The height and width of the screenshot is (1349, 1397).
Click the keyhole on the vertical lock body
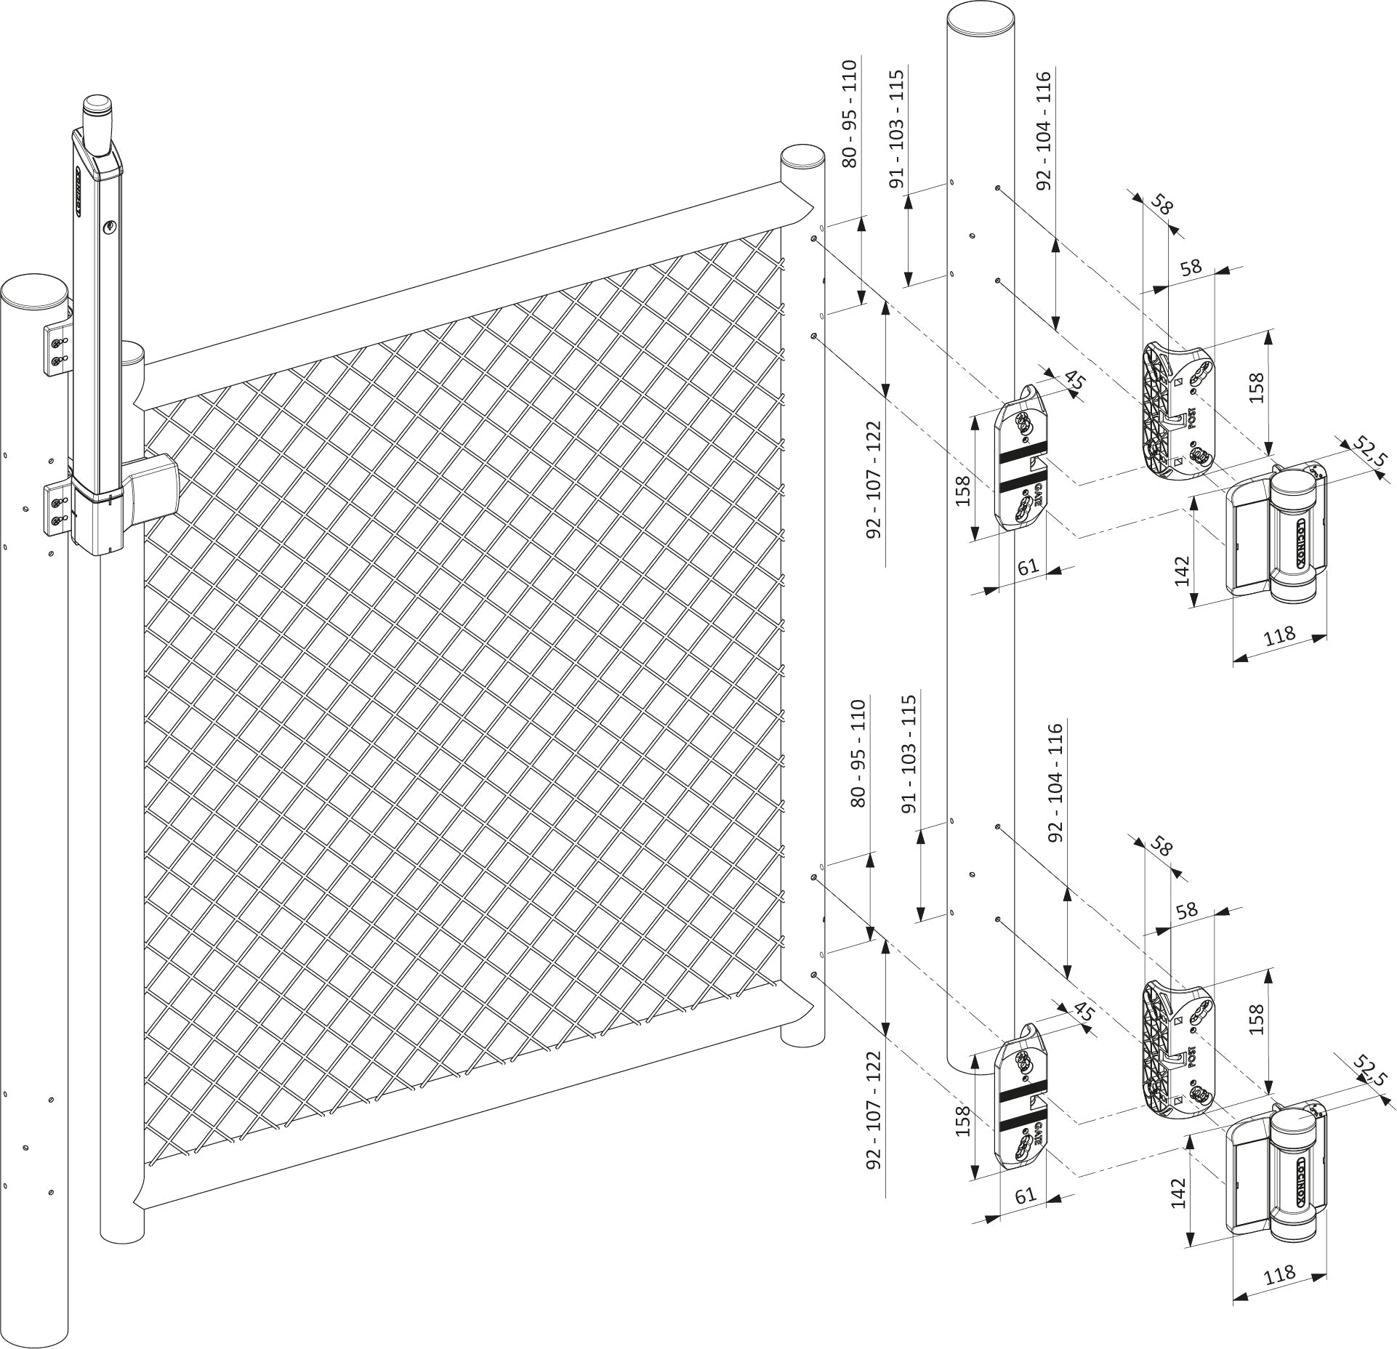pos(110,227)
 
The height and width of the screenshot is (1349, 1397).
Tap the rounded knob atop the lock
pos(97,113)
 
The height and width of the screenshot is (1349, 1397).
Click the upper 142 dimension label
pos(1181,571)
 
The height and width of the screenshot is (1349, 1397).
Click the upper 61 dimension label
pos(1028,566)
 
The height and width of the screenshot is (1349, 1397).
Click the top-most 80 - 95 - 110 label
pos(850,114)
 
